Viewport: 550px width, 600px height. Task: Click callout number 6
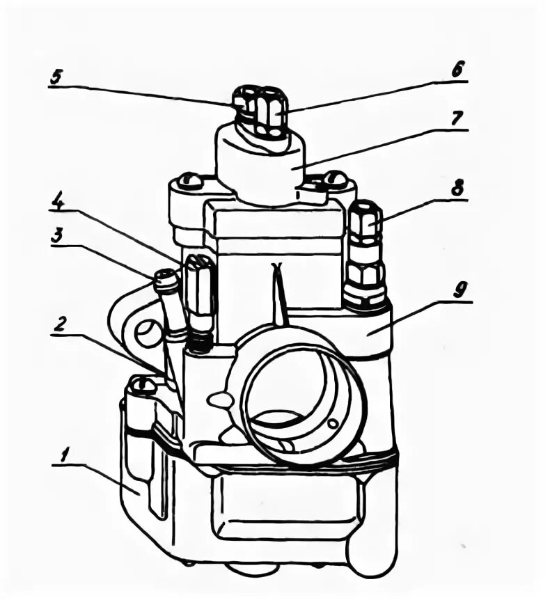[x=457, y=70]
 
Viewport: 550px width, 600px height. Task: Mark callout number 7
[x=457, y=118]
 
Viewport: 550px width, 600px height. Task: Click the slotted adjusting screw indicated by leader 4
[x=198, y=285]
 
